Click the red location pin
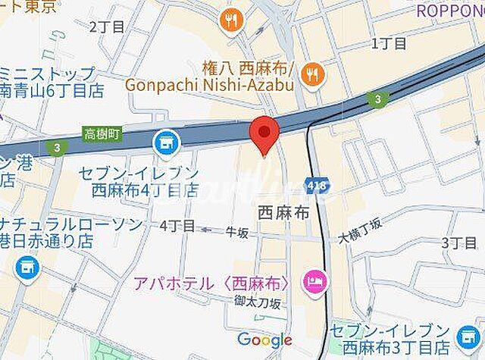(x=264, y=134)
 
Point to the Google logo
(x=264, y=340)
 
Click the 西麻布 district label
(x=283, y=215)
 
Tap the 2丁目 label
(x=106, y=27)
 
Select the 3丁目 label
(x=458, y=242)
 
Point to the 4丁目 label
(x=177, y=225)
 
